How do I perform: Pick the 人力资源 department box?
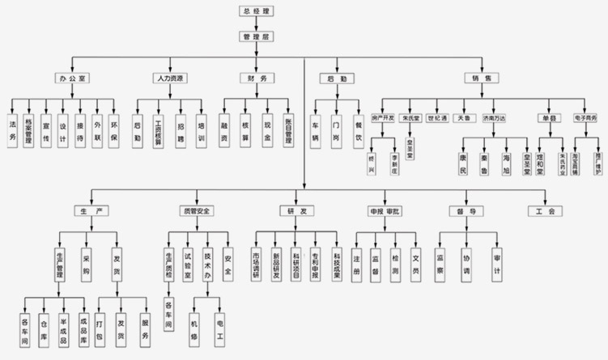point(168,78)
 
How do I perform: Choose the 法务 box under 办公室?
point(11,130)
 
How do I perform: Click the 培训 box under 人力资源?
point(200,130)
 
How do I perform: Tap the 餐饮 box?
point(357,129)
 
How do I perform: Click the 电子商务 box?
point(585,118)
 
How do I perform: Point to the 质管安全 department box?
point(196,211)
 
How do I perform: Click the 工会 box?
point(544,211)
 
